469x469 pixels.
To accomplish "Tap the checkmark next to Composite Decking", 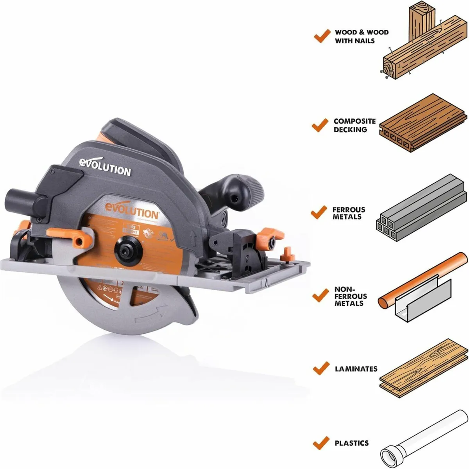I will coord(320,125).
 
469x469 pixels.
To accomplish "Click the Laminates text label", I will coord(356,368).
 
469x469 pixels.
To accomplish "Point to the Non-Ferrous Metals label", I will coord(350,296).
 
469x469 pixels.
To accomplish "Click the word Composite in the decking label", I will coord(354,121).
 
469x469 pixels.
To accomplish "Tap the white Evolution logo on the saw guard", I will coord(105,167).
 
